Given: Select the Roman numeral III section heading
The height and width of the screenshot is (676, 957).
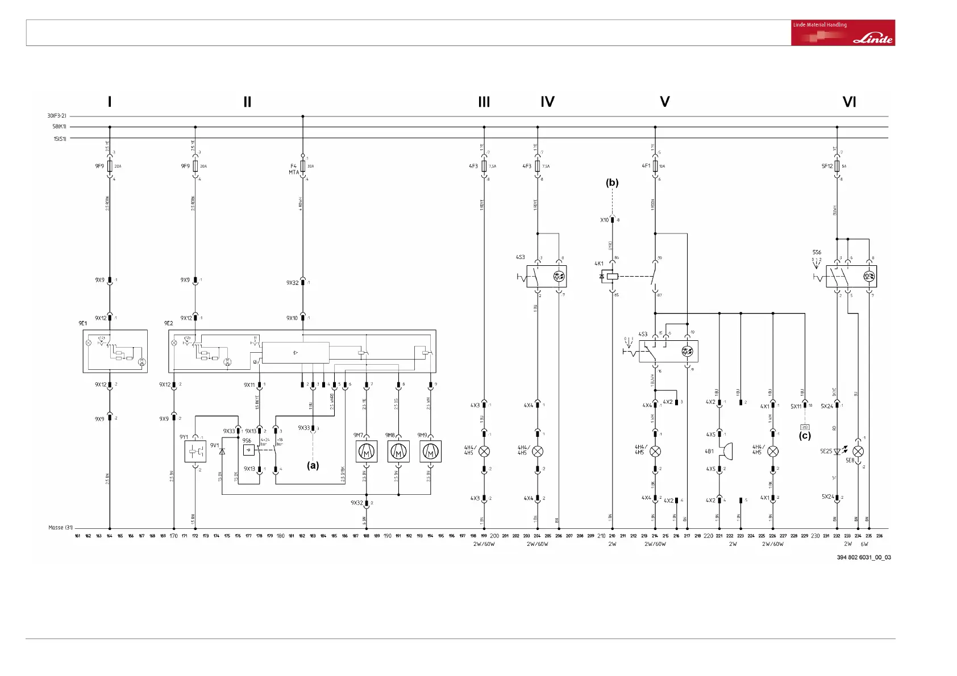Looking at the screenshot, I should pos(484,102).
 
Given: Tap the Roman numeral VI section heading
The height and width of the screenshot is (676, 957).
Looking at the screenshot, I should pos(849,102).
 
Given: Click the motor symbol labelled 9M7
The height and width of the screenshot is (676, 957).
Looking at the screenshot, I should pos(367,452).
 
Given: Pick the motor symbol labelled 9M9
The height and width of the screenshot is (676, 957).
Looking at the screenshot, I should pos(431,452).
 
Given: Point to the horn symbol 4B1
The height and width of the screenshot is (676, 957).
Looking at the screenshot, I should pos(725,452).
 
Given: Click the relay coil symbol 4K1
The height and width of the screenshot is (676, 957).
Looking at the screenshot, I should pos(611,277).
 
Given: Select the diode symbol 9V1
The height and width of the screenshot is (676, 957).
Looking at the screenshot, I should pos(222,451).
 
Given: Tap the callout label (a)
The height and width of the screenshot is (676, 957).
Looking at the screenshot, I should pos(313,465).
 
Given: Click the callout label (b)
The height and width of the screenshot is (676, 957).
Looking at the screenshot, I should pos(612,183).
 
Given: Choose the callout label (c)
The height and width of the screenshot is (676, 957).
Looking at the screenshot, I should pos(805,436).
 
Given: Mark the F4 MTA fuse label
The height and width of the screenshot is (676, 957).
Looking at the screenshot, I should pos(293,169).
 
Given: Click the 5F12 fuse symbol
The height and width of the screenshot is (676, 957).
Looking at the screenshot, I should pos(837,166).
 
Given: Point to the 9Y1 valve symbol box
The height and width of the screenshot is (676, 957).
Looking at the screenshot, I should pos(195,452).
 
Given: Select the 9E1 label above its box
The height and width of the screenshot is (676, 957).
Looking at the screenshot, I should pos(83,323).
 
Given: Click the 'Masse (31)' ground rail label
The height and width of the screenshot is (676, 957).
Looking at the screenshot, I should pos(60,528).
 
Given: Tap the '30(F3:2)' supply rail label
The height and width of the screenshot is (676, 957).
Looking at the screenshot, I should pos(57,116).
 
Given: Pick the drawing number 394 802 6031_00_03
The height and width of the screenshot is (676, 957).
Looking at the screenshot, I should pos(863,557).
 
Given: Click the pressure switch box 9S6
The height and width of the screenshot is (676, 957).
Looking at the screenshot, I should pos(248,450).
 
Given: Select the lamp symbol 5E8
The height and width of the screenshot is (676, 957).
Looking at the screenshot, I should pos(858,452).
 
